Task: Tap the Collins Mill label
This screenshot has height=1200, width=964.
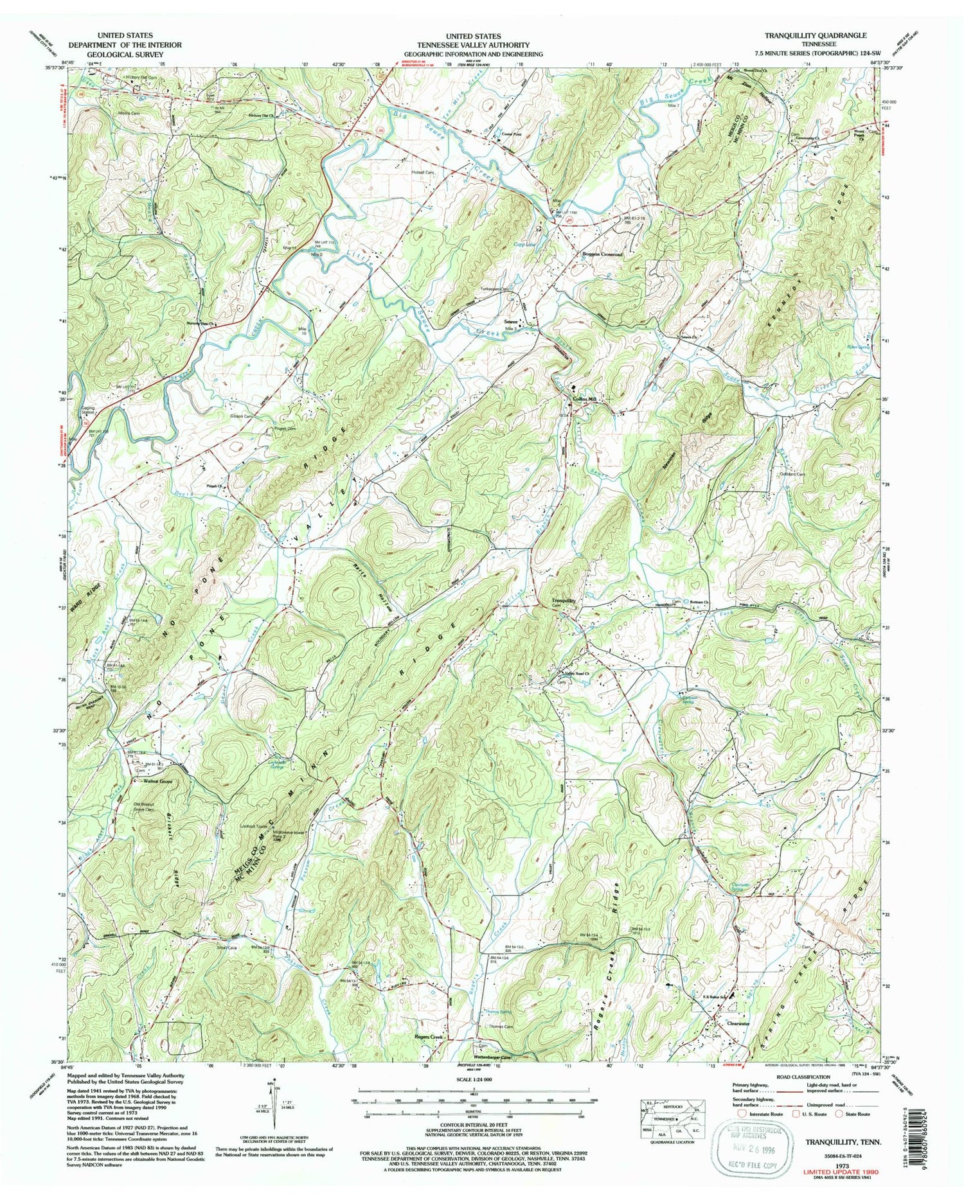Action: pos(585,399)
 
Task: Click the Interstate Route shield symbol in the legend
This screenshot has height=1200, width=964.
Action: pos(743,1113)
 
